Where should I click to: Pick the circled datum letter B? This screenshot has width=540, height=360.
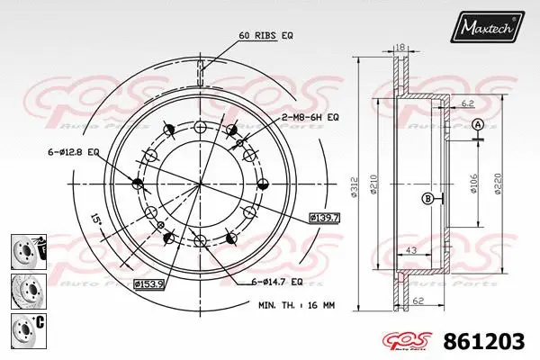click(x=427, y=198)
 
